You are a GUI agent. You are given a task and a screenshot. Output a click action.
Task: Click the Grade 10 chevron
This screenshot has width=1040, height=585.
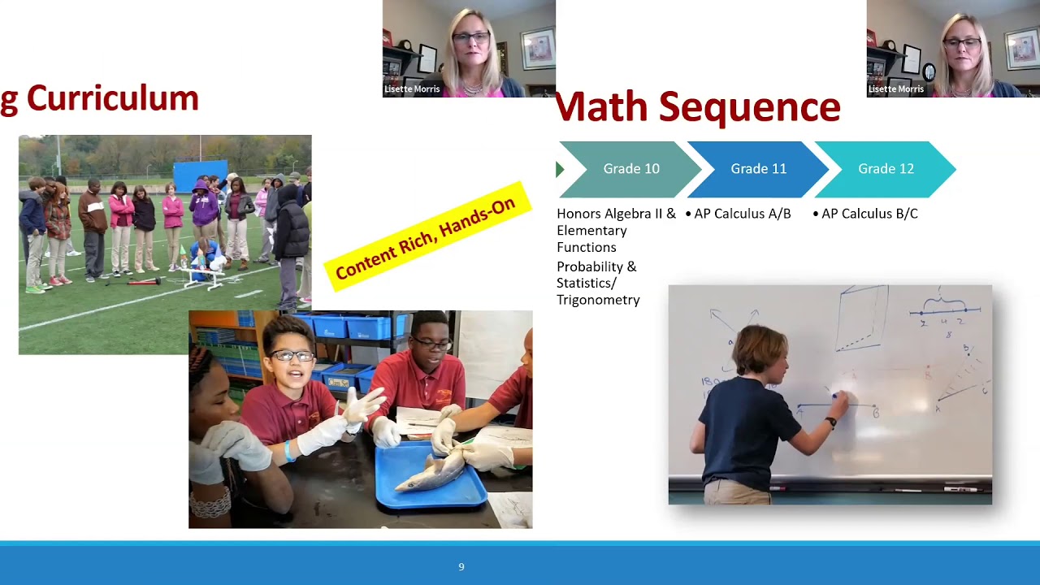pos(630,169)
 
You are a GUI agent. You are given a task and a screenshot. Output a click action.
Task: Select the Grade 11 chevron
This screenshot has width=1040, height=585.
pos(758,169)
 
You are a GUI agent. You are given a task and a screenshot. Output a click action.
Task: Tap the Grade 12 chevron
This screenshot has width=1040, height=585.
pos(886,169)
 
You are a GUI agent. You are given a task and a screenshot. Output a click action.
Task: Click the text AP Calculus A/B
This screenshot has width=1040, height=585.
pos(742,214)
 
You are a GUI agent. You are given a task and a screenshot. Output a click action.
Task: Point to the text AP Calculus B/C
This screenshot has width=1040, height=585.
pos(869,214)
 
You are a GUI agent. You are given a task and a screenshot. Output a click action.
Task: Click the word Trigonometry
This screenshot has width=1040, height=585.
pos(598,300)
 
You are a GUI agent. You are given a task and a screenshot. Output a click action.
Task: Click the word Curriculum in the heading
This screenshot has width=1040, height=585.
pos(112,98)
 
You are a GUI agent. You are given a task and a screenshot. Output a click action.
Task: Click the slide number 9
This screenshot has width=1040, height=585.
pos(461,567)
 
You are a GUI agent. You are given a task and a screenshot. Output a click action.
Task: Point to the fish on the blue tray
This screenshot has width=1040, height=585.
pos(431,474)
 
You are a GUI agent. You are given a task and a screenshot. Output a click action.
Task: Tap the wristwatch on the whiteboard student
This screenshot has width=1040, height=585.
pos(831,422)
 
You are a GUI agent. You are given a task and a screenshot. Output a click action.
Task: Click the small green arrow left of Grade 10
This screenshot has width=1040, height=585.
pos(559,169)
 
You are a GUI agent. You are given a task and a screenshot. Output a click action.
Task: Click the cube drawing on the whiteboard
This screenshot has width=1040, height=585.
pos(863,318)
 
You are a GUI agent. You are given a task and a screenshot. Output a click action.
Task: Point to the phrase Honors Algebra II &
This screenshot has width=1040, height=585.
pos(616,214)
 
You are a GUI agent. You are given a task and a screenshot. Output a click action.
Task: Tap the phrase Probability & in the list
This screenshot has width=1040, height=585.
pos(596,266)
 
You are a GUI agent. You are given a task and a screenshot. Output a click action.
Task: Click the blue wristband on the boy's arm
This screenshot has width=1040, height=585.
pos(289,452)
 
